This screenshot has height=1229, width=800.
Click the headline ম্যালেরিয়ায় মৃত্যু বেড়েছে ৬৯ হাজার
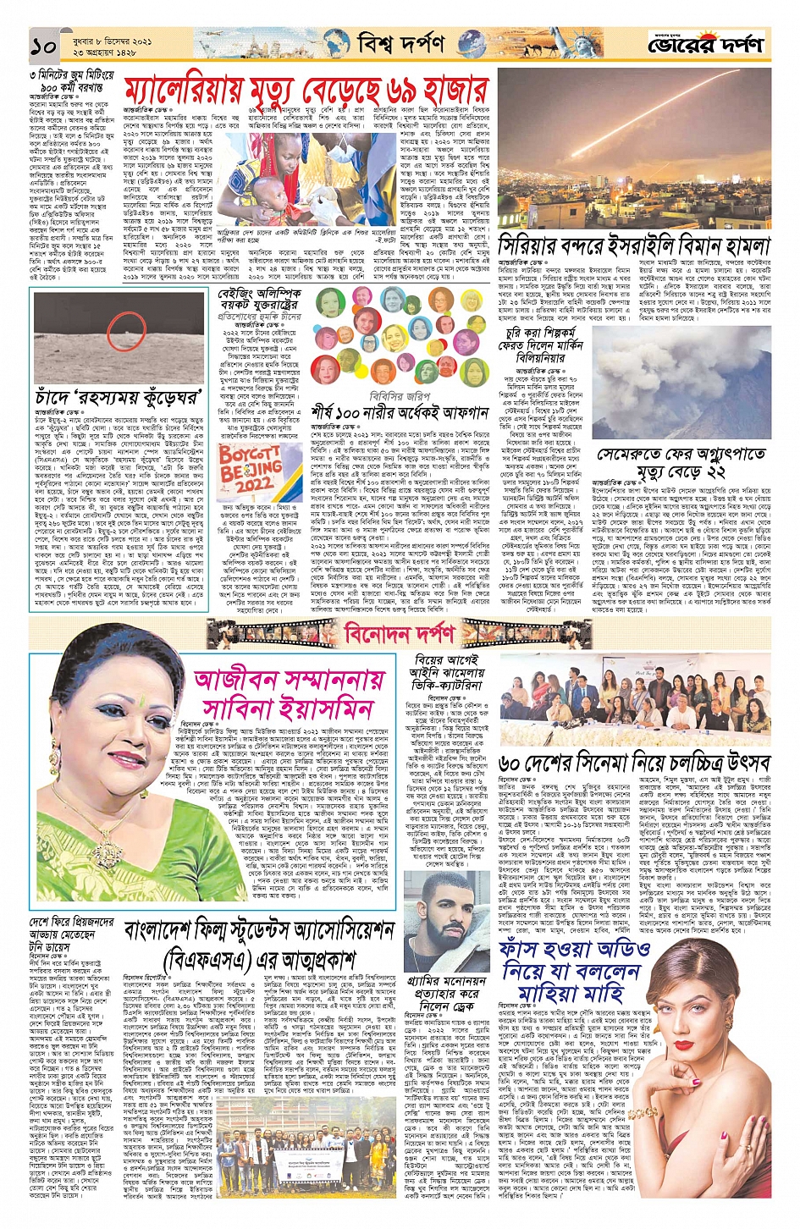click(x=306, y=91)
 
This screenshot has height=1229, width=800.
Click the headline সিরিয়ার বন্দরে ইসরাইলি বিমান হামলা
click(x=634, y=245)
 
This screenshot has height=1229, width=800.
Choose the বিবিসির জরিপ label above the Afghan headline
click(x=401, y=395)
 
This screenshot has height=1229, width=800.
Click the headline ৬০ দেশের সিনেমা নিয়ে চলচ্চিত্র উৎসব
click(x=634, y=762)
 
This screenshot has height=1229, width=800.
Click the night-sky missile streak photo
click(x=634, y=150)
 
